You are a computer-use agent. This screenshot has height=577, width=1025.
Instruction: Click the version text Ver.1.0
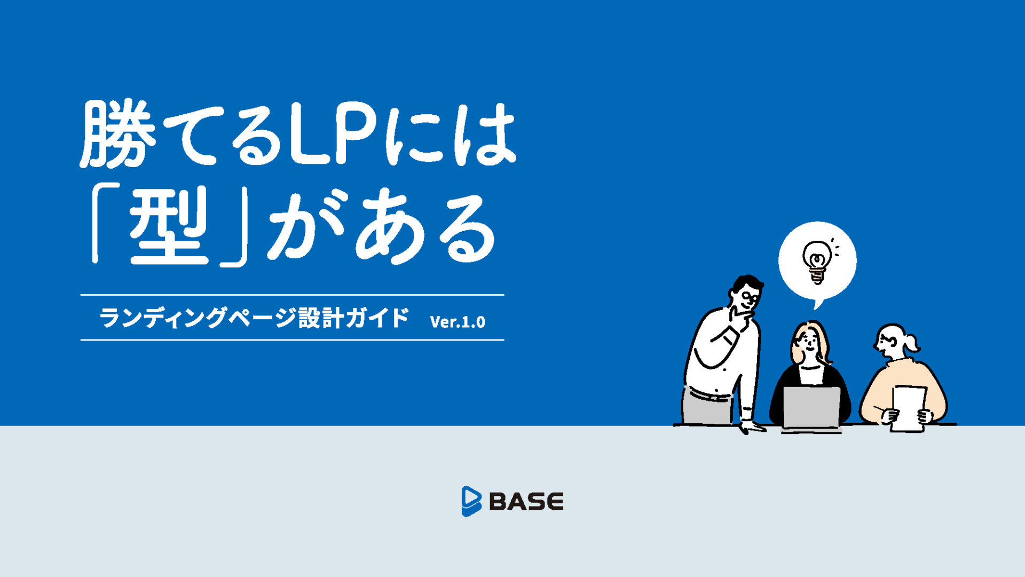(458, 321)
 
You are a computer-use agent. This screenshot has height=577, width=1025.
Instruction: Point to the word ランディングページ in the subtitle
(197, 318)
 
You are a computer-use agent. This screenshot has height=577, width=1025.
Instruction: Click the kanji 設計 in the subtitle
(320, 318)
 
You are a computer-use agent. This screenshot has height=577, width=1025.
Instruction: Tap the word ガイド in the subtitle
(377, 318)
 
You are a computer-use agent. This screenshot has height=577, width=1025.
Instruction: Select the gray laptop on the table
(811, 408)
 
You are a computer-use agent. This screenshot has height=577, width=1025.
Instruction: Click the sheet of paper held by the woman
(909, 408)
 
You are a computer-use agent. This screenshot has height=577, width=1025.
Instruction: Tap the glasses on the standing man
(750, 297)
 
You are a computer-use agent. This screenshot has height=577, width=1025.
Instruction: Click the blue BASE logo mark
(471, 501)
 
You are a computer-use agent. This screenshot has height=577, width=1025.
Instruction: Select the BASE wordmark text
(526, 502)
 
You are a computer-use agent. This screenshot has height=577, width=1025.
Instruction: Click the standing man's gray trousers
(707, 405)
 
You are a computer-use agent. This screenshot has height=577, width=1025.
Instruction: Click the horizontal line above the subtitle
(292, 295)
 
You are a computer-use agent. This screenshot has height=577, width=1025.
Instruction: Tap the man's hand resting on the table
(752, 425)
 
